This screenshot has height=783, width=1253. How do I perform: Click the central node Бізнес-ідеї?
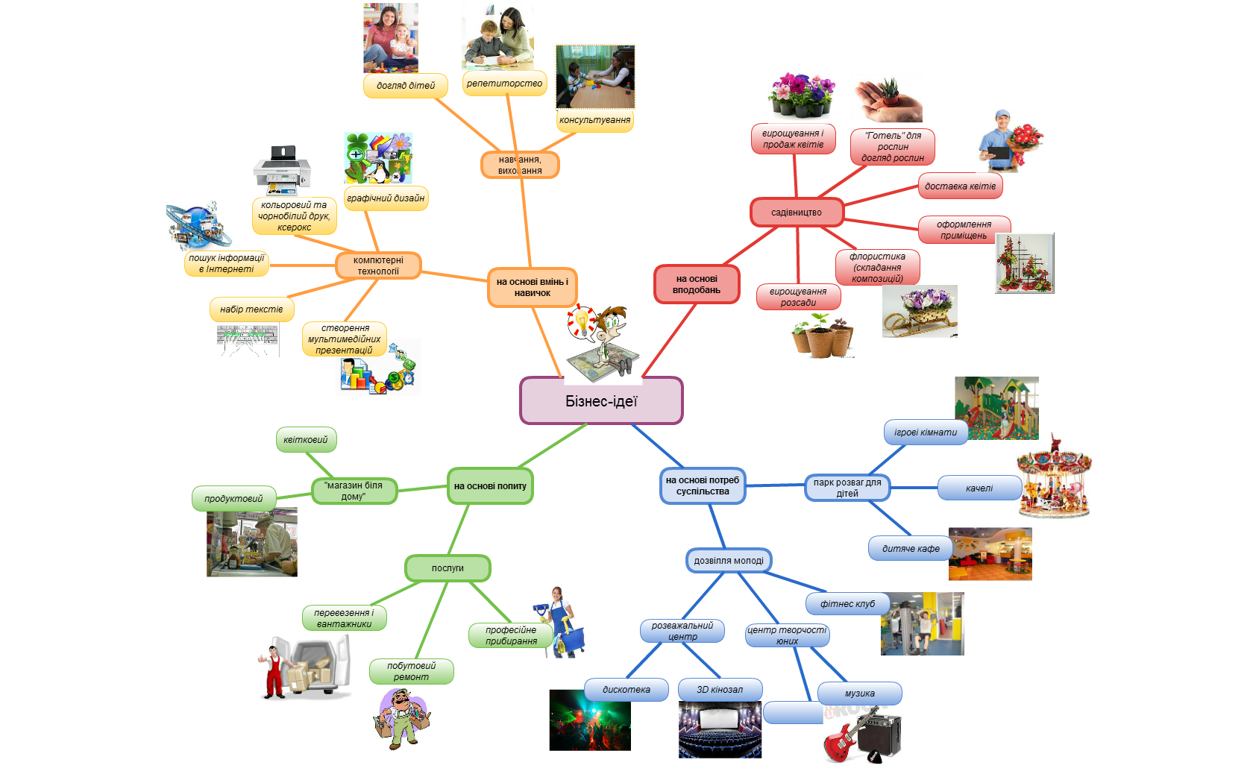[601, 400]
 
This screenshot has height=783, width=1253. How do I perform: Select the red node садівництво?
[797, 213]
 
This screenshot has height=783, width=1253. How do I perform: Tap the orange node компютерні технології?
[378, 265]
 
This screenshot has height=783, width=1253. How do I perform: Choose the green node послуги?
[447, 568]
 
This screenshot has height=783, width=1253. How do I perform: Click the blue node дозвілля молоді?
[728, 561]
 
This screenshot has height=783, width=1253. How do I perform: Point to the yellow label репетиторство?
[504, 84]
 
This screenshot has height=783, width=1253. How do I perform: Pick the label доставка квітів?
[960, 186]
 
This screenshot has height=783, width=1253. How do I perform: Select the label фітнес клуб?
[847, 604]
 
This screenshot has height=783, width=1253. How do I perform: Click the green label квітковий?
[306, 440]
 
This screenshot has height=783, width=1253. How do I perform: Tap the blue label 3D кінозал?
[720, 690]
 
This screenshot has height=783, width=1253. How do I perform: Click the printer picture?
[283, 169]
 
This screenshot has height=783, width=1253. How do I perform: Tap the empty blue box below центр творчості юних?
[794, 713]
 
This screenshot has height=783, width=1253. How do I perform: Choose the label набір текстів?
[252, 309]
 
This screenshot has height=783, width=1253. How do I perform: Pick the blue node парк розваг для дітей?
[847, 488]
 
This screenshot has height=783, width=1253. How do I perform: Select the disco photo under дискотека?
[590, 720]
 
